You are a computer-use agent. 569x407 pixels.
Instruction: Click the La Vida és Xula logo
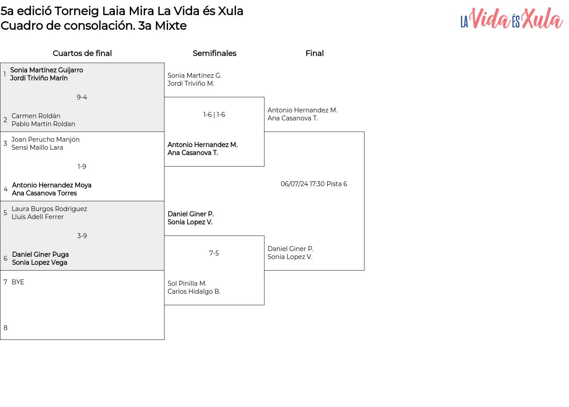pos(512,18)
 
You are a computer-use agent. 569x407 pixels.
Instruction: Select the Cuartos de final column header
pos(82,53)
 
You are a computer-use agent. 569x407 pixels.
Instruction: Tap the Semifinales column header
pos(214,53)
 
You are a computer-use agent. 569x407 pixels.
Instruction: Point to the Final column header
pos(314,53)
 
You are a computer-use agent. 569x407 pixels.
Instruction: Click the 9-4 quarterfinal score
pos(82,97)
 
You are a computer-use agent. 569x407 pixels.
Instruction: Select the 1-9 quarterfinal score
pos(82,167)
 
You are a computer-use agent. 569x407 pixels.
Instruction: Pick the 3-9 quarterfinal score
pos(82,236)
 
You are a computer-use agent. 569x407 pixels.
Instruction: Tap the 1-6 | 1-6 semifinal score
pos(214,115)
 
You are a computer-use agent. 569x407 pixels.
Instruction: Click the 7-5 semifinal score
pos(214,253)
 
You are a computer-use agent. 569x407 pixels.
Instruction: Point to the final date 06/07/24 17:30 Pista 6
pos(314,184)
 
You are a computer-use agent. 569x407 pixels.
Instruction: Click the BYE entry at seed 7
pos(18,282)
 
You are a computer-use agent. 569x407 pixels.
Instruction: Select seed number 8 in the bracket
pos(5,328)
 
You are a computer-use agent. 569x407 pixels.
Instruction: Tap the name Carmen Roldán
pos(36,116)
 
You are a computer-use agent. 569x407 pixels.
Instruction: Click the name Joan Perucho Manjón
pos(45,140)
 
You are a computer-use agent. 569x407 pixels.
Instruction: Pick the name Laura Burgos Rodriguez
pos(49,209)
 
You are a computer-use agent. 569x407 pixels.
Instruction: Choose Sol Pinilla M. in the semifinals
pos(187,283)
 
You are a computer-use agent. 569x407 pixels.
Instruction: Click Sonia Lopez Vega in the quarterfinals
pos(40,263)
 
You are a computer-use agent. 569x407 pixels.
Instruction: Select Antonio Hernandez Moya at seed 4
pos(52,185)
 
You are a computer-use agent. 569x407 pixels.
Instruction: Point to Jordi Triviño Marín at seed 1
pos(39,78)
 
